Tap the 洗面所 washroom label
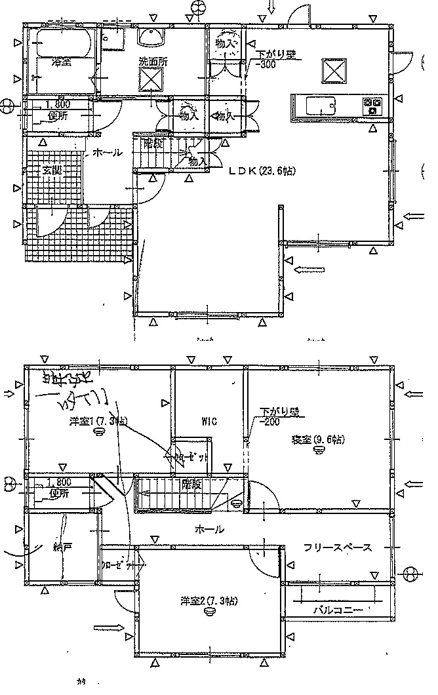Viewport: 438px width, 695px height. pos(152,62)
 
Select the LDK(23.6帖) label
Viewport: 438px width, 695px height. pos(262,171)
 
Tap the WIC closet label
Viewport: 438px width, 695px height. pos(210,420)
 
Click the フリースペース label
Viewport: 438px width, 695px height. pos(338,547)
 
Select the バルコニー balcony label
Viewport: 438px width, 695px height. pos(337,610)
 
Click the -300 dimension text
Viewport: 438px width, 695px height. pos(267,64)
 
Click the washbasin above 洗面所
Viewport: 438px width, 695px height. pos(152,37)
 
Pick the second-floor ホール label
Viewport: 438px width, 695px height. pos(209,528)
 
